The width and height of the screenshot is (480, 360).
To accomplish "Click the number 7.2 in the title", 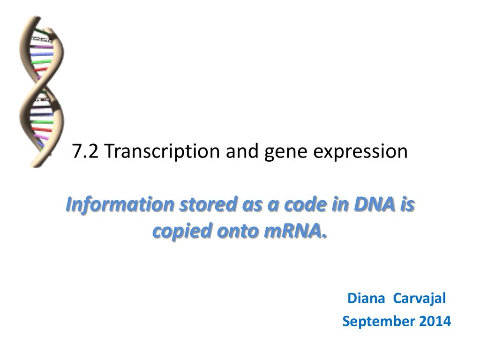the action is pos(85,151).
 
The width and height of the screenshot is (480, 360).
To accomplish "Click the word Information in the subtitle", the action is pos(120,204).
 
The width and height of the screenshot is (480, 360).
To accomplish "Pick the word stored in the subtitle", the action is pos(208,204).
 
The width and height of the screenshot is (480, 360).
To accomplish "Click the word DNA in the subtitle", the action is pos(375,204).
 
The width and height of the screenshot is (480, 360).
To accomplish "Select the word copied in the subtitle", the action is pos(182,232).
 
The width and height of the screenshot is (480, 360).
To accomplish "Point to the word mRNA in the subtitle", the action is pos(295,231).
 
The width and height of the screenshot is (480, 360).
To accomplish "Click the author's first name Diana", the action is pos(366,298).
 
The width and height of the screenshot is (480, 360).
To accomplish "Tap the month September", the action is pos(378,322).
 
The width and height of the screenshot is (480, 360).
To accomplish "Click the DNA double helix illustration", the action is pos(42,92).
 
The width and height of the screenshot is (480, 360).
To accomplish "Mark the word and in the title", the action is pos(242,151).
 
